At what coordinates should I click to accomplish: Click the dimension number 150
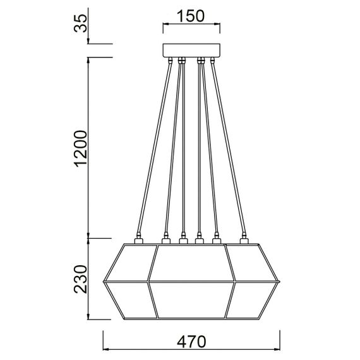click(x=190, y=16)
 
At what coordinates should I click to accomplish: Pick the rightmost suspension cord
click(x=227, y=149)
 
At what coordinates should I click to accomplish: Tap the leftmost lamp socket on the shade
click(x=139, y=241)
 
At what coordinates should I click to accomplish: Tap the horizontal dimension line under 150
click(x=190, y=25)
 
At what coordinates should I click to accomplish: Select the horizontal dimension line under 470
click(x=191, y=349)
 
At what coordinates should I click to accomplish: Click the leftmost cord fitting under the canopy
click(x=171, y=61)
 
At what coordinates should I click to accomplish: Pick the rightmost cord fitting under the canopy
click(x=211, y=61)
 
